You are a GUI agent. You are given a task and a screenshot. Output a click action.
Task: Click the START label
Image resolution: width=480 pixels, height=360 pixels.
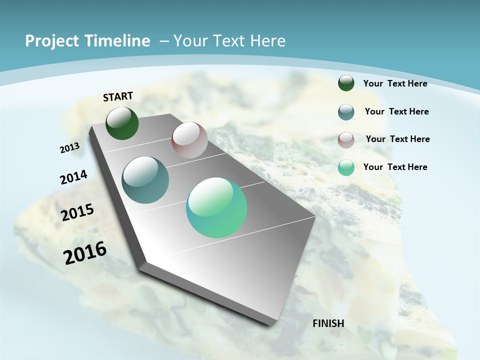pyautogui.click(x=118, y=96)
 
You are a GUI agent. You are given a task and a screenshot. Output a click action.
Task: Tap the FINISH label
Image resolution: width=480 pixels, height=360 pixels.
pyautogui.click(x=328, y=323)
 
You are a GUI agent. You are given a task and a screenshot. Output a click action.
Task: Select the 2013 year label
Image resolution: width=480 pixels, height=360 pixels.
pyautogui.click(x=70, y=148)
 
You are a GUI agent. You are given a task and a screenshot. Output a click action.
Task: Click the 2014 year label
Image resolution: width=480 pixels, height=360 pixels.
pyautogui.click(x=74, y=177)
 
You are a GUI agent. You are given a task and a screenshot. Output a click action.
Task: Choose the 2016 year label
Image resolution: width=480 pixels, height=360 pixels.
pyautogui.click(x=85, y=253)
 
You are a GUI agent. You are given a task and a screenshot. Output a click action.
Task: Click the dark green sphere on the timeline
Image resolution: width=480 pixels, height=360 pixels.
pyautogui.click(x=122, y=123)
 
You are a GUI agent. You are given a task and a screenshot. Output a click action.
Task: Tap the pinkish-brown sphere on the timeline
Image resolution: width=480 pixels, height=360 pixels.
pyautogui.click(x=189, y=140)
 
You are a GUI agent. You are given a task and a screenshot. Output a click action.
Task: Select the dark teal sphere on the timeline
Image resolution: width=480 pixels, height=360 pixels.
pyautogui.click(x=145, y=180)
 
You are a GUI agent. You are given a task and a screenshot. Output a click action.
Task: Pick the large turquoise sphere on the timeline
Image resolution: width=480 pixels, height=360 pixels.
pyautogui.click(x=216, y=207)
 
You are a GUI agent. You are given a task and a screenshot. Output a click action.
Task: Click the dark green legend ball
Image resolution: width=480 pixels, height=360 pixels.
pyautogui.click(x=346, y=83)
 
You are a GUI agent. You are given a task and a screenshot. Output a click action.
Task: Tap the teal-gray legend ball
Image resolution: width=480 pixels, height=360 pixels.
pyautogui.click(x=346, y=112)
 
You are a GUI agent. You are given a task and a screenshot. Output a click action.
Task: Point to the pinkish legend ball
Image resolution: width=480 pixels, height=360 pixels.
pyautogui.click(x=346, y=140)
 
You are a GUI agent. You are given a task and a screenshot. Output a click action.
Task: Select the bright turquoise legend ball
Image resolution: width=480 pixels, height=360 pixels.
pyautogui.click(x=346, y=167)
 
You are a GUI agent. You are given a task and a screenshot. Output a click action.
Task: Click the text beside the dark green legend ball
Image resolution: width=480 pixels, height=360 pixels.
pyautogui.click(x=395, y=83)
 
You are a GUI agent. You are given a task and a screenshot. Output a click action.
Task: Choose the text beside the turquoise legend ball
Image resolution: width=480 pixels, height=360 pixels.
pyautogui.click(x=395, y=167)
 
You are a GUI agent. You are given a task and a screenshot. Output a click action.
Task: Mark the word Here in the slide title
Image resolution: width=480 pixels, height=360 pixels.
pyautogui.click(x=267, y=41)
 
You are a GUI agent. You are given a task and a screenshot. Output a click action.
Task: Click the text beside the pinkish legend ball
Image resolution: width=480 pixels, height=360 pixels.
pyautogui.click(x=397, y=139)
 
